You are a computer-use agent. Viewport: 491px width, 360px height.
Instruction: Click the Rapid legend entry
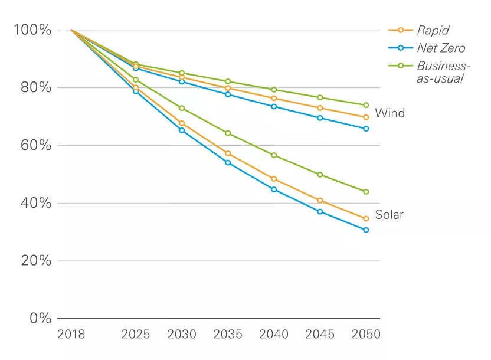[433, 30]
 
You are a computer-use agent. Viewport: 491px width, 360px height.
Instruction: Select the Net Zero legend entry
[440, 48]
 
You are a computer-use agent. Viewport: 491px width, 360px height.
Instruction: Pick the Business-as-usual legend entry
[443, 71]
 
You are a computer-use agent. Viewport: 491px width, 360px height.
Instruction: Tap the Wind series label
[390, 113]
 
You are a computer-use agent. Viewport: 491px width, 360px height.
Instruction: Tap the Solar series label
[389, 215]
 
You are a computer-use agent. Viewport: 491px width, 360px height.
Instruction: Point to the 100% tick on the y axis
[32, 30]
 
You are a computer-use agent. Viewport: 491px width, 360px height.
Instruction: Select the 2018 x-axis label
[71, 335]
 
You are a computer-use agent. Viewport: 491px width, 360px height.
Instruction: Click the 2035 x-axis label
[228, 335]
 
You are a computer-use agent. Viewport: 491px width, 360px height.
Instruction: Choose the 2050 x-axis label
[366, 335]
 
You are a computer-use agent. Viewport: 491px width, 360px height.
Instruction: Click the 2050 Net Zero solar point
[366, 230]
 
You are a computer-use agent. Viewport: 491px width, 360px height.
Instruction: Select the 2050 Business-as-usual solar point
[366, 192]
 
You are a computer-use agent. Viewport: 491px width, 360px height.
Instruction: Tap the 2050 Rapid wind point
[366, 117]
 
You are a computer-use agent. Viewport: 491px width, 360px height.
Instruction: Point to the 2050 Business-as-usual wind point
[366, 105]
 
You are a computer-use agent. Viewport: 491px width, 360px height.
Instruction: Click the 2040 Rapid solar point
[274, 179]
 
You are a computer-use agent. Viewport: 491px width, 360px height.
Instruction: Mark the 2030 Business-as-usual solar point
[182, 108]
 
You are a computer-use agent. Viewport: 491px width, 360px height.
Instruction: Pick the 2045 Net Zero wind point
[320, 118]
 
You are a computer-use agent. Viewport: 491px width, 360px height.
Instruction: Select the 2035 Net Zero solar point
[228, 162]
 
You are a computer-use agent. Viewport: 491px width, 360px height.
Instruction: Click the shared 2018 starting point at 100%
[71, 30]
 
